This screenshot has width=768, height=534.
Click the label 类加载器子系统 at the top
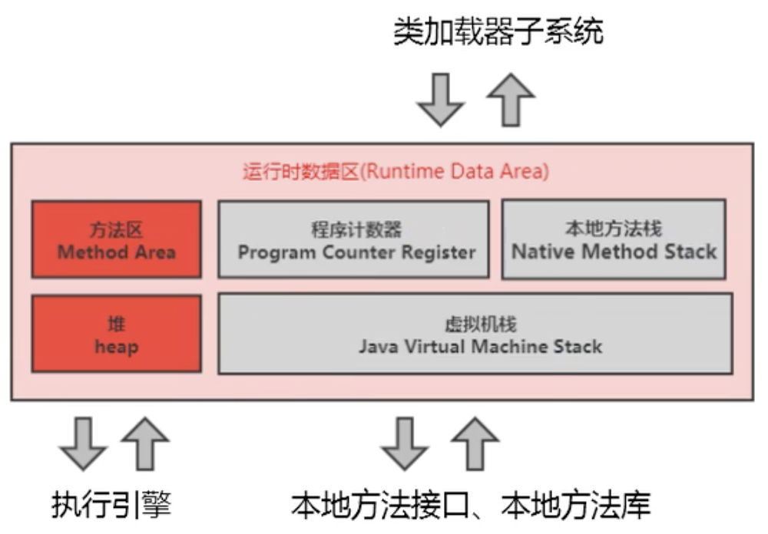498,31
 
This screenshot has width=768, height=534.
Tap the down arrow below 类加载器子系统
440,98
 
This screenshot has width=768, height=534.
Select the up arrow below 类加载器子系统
511,98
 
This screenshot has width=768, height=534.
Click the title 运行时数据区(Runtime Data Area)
396,171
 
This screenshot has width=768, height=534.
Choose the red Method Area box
116,239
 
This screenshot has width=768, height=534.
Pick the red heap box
116,335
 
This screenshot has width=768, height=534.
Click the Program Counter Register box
353,239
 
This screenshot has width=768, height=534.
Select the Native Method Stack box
614,239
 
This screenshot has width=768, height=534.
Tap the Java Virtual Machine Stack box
475,334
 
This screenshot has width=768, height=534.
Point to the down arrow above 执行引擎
83,443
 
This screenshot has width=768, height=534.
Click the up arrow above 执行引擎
145,443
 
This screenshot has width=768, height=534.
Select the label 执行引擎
111,505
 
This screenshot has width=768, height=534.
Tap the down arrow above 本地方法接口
404,443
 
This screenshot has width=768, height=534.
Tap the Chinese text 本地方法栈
613,229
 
